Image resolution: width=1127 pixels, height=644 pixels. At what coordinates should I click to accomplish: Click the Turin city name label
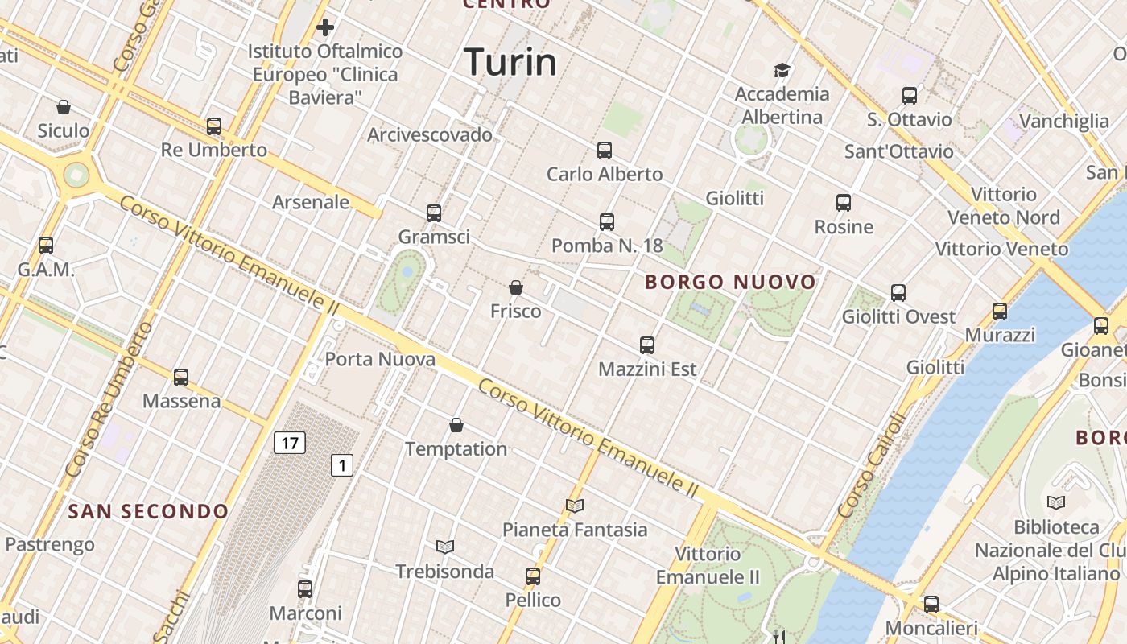(x=510, y=62)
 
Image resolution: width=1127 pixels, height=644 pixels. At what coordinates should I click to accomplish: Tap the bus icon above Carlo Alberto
(x=605, y=151)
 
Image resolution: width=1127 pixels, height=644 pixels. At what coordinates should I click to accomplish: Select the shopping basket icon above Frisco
(x=516, y=287)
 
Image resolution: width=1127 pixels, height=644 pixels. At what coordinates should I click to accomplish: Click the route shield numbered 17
(x=290, y=442)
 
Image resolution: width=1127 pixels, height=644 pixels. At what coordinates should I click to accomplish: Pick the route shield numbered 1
(x=343, y=464)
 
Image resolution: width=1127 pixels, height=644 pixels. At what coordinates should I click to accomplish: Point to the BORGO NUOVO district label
(x=731, y=282)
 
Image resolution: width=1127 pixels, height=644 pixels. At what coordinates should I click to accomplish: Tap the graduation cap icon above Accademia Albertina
(x=782, y=70)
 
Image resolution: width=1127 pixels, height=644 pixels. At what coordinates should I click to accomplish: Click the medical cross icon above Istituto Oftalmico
(x=325, y=28)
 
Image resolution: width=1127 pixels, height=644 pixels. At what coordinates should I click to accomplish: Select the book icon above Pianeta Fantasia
(x=575, y=506)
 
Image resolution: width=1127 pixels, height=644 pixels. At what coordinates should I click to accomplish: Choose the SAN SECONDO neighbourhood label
(x=148, y=511)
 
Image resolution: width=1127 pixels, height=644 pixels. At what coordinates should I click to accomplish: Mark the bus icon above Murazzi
(x=1000, y=311)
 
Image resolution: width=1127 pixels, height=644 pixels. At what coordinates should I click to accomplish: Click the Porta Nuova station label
(x=380, y=359)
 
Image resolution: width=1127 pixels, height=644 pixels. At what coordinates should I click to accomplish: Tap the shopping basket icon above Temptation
(x=456, y=425)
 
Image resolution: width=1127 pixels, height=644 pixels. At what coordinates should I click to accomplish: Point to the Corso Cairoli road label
(x=872, y=465)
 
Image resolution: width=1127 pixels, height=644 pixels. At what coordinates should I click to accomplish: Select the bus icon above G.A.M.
(x=46, y=246)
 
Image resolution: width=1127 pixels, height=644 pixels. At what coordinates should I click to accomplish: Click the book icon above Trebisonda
(x=445, y=547)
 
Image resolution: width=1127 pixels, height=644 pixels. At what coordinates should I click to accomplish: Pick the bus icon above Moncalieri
(x=931, y=604)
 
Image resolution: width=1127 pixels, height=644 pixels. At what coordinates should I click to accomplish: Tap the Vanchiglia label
(x=1063, y=122)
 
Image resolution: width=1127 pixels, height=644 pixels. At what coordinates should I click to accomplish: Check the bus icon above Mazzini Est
(x=647, y=345)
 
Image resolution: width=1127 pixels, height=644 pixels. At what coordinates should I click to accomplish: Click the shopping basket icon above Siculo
(x=64, y=107)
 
